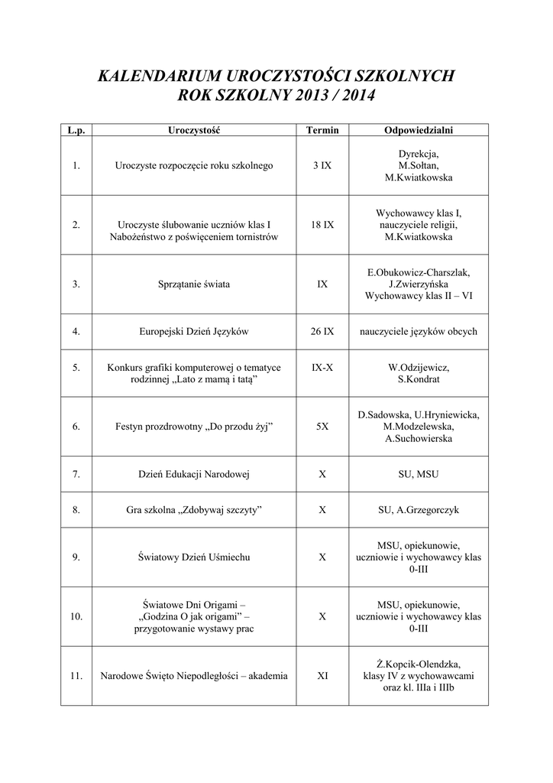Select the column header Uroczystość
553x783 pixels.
click(x=194, y=131)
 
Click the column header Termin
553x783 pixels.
click(x=322, y=131)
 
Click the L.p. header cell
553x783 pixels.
click(x=76, y=131)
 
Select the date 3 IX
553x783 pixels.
click(x=322, y=165)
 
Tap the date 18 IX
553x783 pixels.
click(x=322, y=225)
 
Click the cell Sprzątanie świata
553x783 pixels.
click(x=194, y=284)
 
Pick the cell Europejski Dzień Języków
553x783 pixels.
click(x=194, y=332)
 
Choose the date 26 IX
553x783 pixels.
click(x=322, y=332)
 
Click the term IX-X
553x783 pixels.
click(x=322, y=368)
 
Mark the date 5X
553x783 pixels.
click(x=322, y=427)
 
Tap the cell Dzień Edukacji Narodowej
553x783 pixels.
click(x=194, y=474)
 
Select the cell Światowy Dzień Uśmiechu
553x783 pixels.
click(x=194, y=557)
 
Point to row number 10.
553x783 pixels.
click(x=76, y=616)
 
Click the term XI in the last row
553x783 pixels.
click(x=322, y=675)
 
